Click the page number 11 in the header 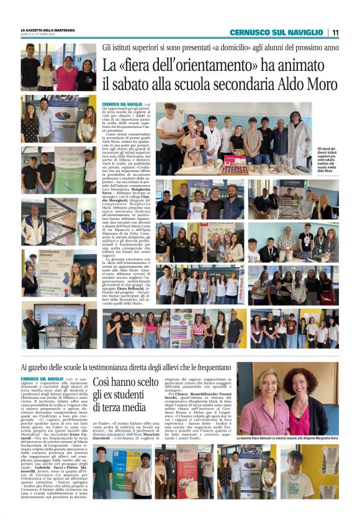click(335, 32)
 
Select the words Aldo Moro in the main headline click(307, 84)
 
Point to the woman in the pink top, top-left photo click(66, 75)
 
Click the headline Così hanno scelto click(126, 384)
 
